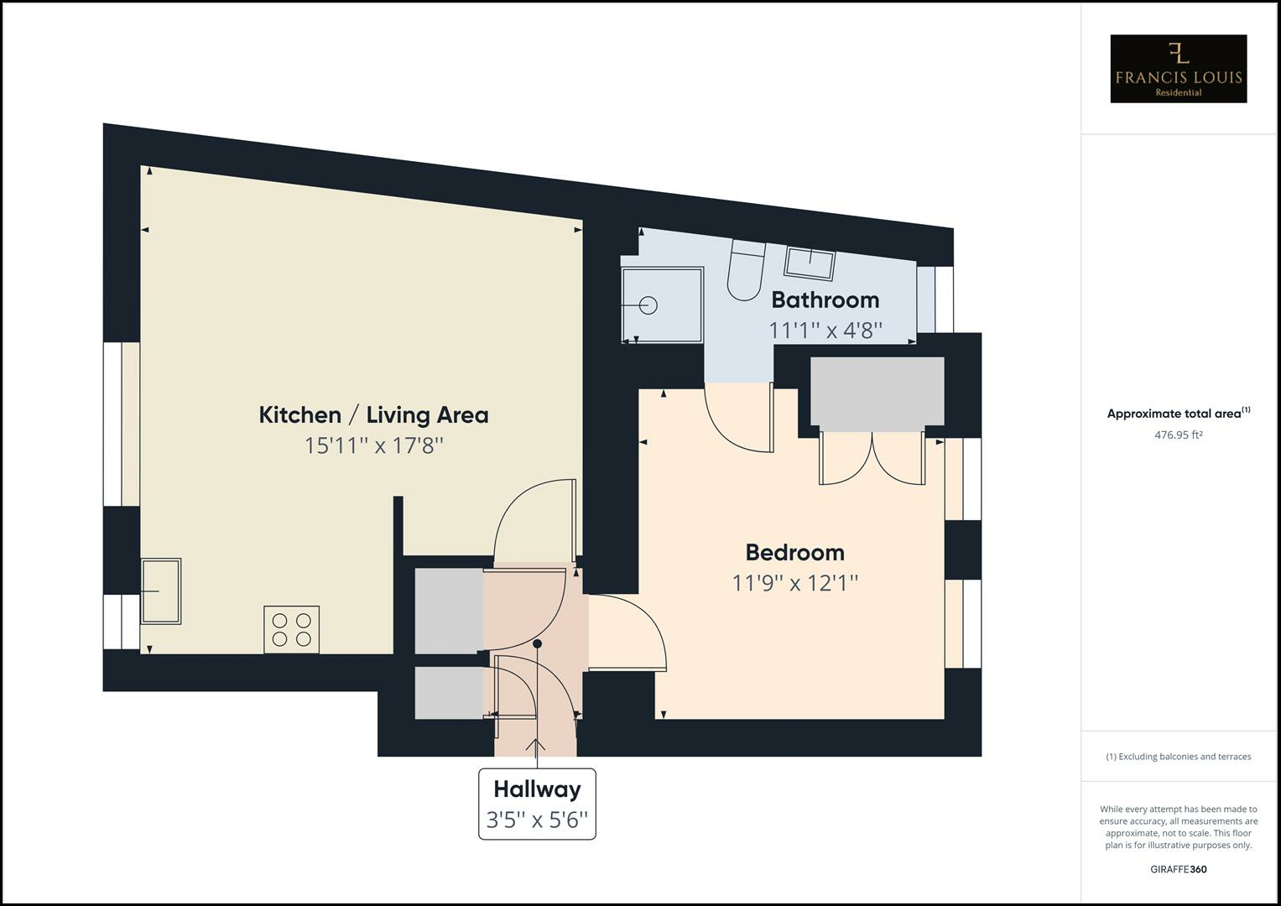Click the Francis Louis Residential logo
[x=1178, y=69]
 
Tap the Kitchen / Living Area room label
[x=373, y=414]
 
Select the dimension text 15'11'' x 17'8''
[x=373, y=445]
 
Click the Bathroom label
[x=825, y=299]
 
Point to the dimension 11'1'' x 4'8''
[x=825, y=330]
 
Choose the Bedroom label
[x=794, y=552]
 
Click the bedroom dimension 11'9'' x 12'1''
[x=794, y=582]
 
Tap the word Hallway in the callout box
[x=537, y=789]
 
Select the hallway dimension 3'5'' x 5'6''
[x=537, y=820]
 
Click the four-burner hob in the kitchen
[x=291, y=629]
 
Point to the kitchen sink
[x=161, y=591]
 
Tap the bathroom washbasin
[x=810, y=263]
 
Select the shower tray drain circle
[x=648, y=305]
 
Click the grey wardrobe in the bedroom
[x=877, y=392]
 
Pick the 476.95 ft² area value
[x=1178, y=435]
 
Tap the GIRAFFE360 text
[x=1178, y=869]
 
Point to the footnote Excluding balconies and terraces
[x=1178, y=757]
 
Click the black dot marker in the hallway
[x=538, y=643]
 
